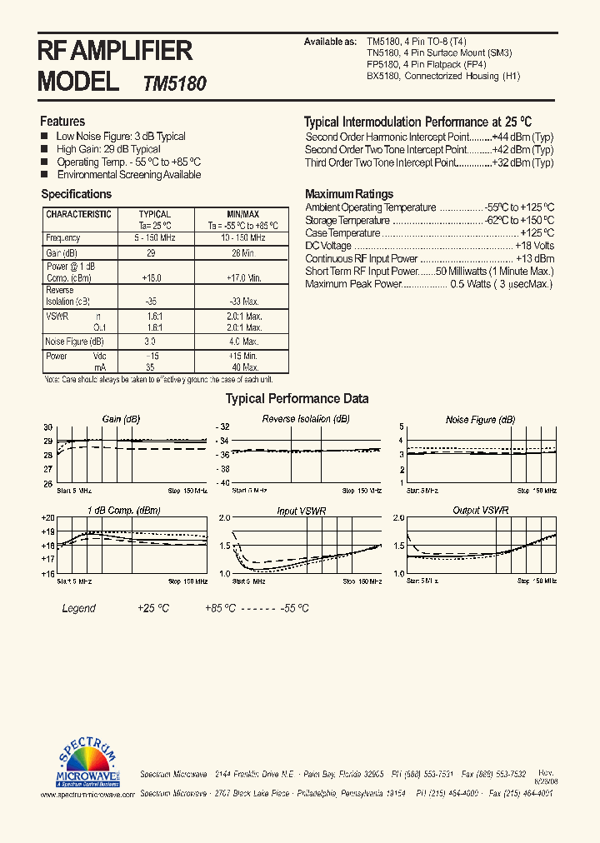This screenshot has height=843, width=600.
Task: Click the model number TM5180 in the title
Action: [175, 83]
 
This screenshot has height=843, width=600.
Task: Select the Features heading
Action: [62, 121]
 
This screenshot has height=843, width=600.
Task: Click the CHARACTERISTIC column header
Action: [78, 214]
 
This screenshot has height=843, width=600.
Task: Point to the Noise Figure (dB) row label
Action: [74, 342]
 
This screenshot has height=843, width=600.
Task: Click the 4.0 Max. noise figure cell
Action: [243, 342]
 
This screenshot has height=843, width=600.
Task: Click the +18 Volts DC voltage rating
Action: [534, 246]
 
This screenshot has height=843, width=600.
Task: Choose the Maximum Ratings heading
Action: [349, 194]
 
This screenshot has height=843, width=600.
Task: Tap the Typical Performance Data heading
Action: [297, 399]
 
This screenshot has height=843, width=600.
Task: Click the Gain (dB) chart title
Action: [121, 419]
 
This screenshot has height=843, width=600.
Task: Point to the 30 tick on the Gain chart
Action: [48, 426]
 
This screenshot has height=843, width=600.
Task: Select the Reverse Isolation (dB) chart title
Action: [305, 419]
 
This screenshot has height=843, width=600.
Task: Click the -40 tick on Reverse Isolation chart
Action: [222, 483]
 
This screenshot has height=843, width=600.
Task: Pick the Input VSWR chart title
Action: [302, 510]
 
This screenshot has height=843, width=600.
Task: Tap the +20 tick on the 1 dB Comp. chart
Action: [47, 517]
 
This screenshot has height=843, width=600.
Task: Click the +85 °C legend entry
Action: [221, 608]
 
